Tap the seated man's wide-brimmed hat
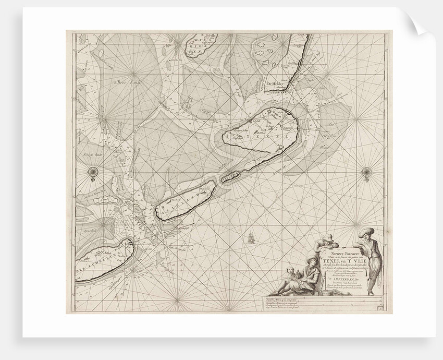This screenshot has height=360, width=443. click(x=311, y=256)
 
